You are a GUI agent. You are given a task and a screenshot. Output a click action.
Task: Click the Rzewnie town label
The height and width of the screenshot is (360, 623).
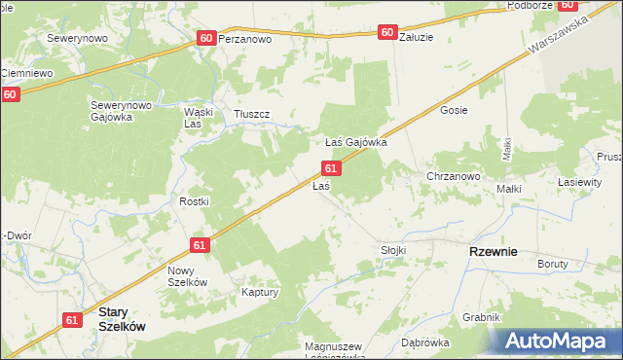pyautogui.click(x=493, y=250)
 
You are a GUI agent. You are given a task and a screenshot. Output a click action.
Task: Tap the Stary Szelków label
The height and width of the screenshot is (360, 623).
pyautogui.click(x=123, y=320)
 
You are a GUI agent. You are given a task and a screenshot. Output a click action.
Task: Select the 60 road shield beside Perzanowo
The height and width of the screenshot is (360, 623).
pyautogui.click(x=205, y=37)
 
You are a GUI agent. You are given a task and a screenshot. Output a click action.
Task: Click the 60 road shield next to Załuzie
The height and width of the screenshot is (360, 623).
pyautogui.click(x=387, y=32)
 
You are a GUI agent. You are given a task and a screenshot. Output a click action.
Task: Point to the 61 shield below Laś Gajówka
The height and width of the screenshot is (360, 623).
pyautogui.click(x=332, y=168)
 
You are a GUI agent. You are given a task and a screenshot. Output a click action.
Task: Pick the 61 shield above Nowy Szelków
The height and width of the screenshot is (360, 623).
pyautogui.click(x=200, y=246)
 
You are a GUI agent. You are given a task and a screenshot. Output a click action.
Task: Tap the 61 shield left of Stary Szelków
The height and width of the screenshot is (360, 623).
pyautogui.click(x=73, y=319)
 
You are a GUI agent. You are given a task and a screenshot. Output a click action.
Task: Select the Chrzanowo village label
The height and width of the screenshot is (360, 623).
pyautogui.click(x=454, y=176)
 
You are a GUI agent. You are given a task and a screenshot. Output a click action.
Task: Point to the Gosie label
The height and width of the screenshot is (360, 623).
pyautogui.click(x=454, y=110)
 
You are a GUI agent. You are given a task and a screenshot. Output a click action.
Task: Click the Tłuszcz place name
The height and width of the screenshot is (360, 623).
pyautogui.click(x=251, y=115)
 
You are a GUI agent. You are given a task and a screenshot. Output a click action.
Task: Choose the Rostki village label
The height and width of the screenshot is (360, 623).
pyautogui.click(x=194, y=200)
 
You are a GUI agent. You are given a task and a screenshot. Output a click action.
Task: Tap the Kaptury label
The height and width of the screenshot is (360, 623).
pyautogui.click(x=261, y=292)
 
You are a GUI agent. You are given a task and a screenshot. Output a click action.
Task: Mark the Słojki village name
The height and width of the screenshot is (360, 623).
pyautogui.click(x=392, y=250)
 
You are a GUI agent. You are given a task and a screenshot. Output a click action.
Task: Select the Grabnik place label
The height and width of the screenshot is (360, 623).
pyautogui.click(x=482, y=317)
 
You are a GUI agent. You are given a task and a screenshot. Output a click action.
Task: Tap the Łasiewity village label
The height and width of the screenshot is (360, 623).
pyautogui.click(x=578, y=182)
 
